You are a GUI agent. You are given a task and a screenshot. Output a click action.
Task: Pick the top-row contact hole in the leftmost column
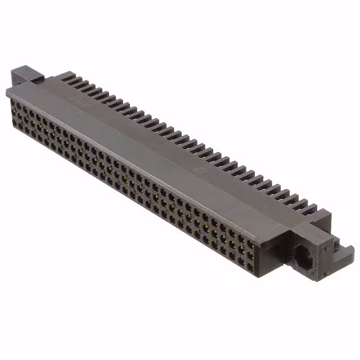tap(15, 103)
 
